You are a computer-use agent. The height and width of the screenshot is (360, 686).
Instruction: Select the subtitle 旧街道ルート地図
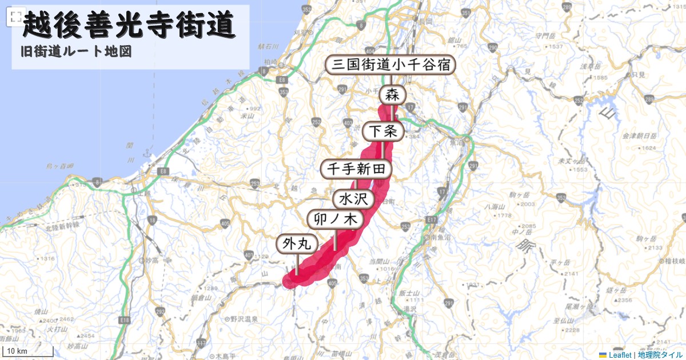pos(75,51)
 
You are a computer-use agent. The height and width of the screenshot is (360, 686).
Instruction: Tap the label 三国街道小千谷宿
pos(391,65)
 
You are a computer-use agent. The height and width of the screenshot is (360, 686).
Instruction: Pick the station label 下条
pos(383,131)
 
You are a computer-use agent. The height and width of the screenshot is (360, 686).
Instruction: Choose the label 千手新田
pos(357,169)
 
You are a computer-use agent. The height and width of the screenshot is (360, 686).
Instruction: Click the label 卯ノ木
pos(335,219)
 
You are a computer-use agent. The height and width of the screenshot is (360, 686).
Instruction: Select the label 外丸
pos(297,244)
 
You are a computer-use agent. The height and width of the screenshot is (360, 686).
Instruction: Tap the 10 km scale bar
pos(29,351)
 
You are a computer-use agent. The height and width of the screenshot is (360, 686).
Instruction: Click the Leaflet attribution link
pos(620,355)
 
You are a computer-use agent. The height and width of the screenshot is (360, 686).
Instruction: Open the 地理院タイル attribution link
pos(660,355)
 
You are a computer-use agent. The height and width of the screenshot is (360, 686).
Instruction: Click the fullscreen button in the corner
pos(15,17)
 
